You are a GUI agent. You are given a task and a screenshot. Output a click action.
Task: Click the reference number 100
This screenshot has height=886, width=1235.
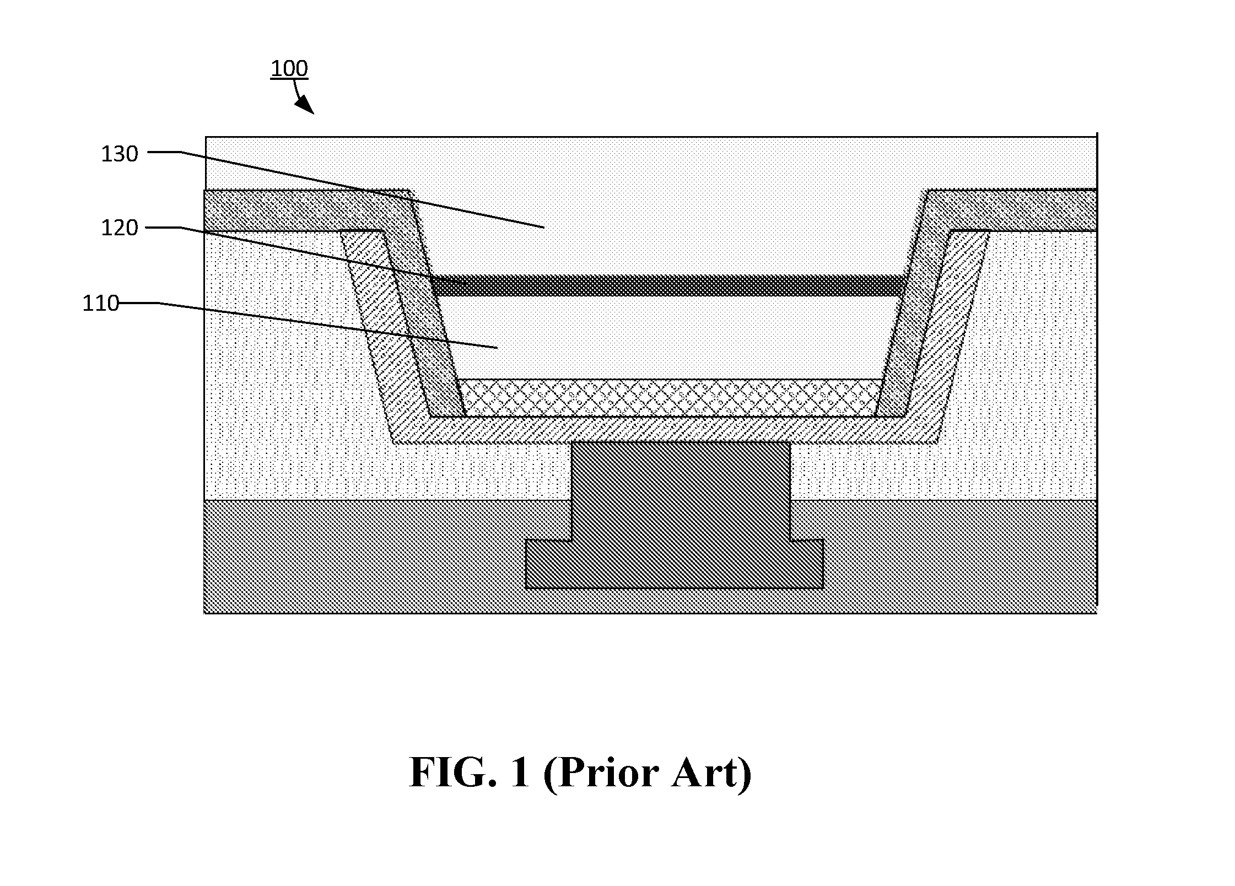pos(289,69)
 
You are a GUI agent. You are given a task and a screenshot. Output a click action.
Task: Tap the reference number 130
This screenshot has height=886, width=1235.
pos(119,154)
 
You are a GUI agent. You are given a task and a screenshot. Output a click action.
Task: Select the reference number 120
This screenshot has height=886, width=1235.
pos(119,228)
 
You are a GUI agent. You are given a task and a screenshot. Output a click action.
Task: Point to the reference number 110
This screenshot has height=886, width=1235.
pos(101,304)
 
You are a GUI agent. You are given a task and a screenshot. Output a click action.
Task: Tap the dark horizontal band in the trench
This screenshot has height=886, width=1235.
pos(668,285)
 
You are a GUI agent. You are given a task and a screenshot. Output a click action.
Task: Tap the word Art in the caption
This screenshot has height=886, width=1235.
pos(710,774)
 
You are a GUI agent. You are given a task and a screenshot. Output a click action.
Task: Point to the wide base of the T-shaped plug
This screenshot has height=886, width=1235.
pos(675,564)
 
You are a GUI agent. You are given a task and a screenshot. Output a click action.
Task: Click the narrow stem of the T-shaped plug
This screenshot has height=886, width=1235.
pos(681,490)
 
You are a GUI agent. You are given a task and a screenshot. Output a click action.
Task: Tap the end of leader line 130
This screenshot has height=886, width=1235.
pos(544,227)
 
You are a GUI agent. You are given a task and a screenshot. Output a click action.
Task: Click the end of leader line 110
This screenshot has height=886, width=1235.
pos(497,348)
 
